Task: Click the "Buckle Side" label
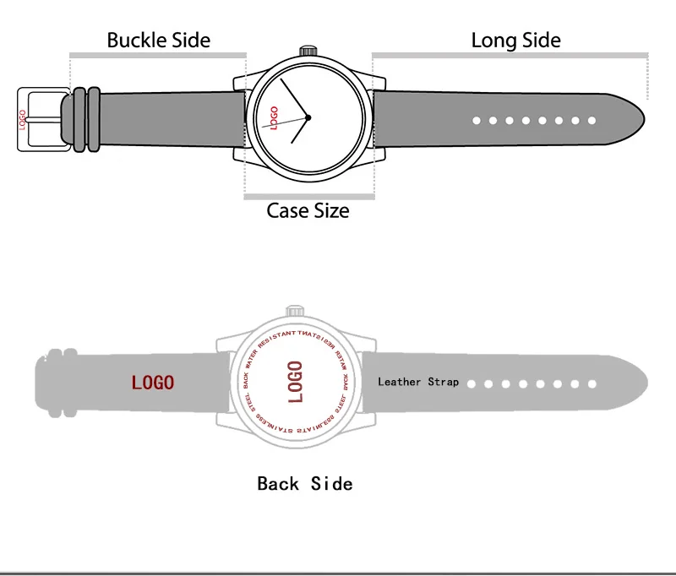[x=158, y=40]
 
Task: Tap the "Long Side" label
[x=515, y=40]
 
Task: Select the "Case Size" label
[x=308, y=210]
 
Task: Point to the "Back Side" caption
[x=304, y=483]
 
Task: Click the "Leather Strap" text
[x=418, y=382]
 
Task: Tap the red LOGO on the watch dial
[x=274, y=117]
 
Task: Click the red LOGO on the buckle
[x=23, y=118]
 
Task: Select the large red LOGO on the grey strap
[x=152, y=383]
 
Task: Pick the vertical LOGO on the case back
[x=295, y=382]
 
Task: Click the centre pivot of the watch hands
[x=308, y=117]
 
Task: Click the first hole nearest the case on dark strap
[x=476, y=121]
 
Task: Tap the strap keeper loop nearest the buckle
[x=79, y=119]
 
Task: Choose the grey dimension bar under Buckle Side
[x=158, y=56]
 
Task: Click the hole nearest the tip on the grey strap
[x=592, y=383]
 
